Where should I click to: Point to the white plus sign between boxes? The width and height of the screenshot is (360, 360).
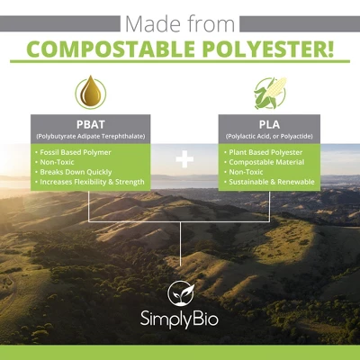(184, 160)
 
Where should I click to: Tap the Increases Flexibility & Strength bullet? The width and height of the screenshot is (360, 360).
(91, 182)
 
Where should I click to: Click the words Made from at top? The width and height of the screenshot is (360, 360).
(179, 20)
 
